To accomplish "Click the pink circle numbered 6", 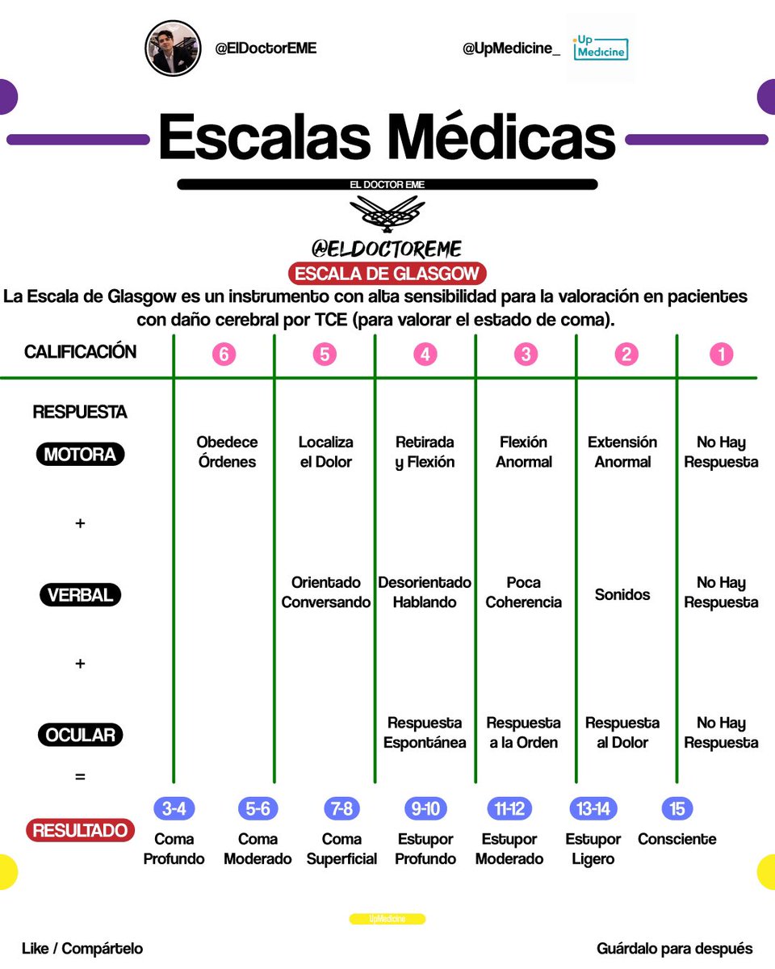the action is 224,354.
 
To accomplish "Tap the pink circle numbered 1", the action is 722,354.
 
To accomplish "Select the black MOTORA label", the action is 80,454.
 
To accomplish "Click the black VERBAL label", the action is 80,594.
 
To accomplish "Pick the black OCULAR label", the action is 80,735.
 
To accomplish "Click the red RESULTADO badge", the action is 80,830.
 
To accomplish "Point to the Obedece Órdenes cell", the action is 227,451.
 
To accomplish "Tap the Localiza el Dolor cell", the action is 325,451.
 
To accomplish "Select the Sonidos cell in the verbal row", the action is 622,594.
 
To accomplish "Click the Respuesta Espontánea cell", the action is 425,732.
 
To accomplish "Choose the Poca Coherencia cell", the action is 523,592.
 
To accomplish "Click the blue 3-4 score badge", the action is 174,808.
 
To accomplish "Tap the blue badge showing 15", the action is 677,808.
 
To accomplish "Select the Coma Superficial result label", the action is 341,849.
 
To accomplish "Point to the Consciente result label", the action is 677,839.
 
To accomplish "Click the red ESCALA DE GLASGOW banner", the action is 387,273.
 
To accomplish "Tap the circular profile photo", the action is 173,48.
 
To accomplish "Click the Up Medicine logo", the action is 601,48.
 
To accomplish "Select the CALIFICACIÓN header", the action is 80,352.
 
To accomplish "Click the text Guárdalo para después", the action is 674,948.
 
